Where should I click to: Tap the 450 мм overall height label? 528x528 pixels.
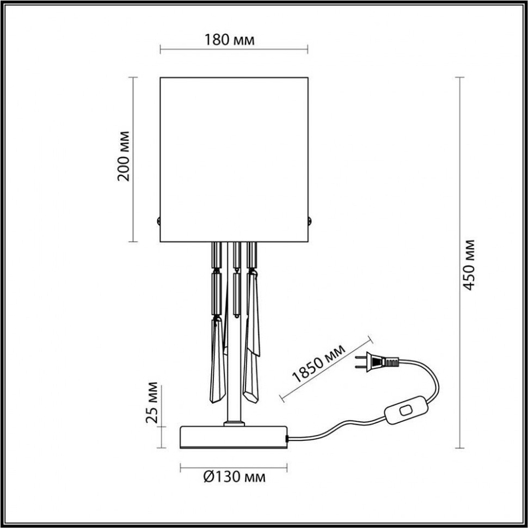point(469,265)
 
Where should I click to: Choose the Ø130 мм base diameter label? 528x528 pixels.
point(234,477)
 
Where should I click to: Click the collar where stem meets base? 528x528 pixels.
point(235,422)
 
